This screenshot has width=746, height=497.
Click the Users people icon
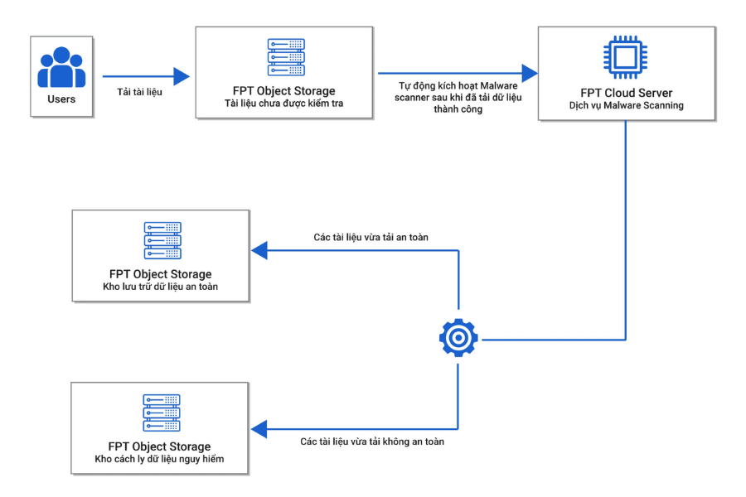tap(61, 67)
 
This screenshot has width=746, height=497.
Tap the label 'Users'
tap(61, 99)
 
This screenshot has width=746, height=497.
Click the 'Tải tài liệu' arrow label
tap(139, 92)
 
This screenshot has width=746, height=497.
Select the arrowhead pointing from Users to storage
tap(182, 76)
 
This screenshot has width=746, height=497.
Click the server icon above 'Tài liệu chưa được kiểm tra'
tap(286, 57)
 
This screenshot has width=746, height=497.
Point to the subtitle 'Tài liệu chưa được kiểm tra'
tap(284, 104)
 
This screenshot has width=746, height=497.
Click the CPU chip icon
tap(625, 57)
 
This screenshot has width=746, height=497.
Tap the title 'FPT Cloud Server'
tap(626, 93)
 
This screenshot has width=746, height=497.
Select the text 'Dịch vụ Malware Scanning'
tap(626, 105)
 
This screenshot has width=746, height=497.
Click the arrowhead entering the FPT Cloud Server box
tap(530, 73)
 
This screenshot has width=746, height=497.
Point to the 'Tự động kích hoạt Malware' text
tap(458, 85)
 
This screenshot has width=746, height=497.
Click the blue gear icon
tap(458, 338)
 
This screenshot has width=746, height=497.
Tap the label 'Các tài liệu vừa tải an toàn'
tap(371, 237)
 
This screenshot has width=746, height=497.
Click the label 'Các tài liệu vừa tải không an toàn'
tap(372, 442)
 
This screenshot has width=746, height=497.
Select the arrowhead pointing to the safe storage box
tap(259, 250)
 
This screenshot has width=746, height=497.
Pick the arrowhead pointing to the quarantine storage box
tap(259, 429)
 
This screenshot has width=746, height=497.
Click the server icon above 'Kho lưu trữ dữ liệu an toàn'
tap(162, 240)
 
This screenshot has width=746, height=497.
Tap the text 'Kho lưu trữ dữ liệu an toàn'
tap(160, 287)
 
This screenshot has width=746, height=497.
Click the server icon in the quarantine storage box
tap(162, 413)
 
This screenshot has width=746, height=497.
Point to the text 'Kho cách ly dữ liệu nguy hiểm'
tap(159, 459)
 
